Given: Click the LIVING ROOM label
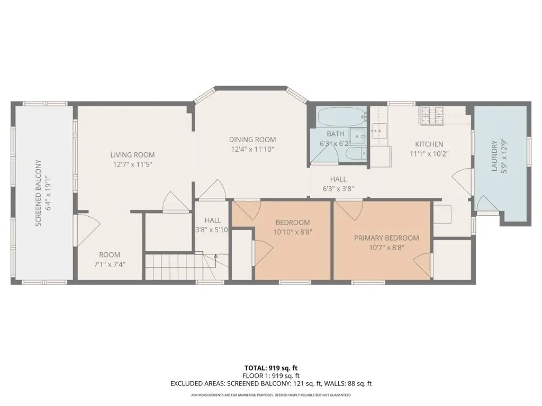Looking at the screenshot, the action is click(132, 155).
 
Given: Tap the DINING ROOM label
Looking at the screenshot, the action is click(252, 140).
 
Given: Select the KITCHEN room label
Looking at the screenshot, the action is click(429, 144).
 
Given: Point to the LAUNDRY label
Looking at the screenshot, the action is click(494, 156).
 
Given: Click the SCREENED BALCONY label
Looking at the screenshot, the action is click(38, 193).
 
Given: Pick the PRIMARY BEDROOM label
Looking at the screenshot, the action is click(386, 238).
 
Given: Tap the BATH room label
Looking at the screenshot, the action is click(335, 134).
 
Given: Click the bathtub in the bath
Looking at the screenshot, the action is click(341, 117).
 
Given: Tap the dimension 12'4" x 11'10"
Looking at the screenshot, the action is click(252, 150).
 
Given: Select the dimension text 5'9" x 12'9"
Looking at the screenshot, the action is click(503, 156).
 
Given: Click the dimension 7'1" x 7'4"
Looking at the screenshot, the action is click(110, 264).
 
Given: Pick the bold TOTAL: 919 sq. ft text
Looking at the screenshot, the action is click(271, 368).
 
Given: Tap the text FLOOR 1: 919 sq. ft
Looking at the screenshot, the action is click(271, 376).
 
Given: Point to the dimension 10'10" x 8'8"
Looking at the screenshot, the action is click(293, 233).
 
